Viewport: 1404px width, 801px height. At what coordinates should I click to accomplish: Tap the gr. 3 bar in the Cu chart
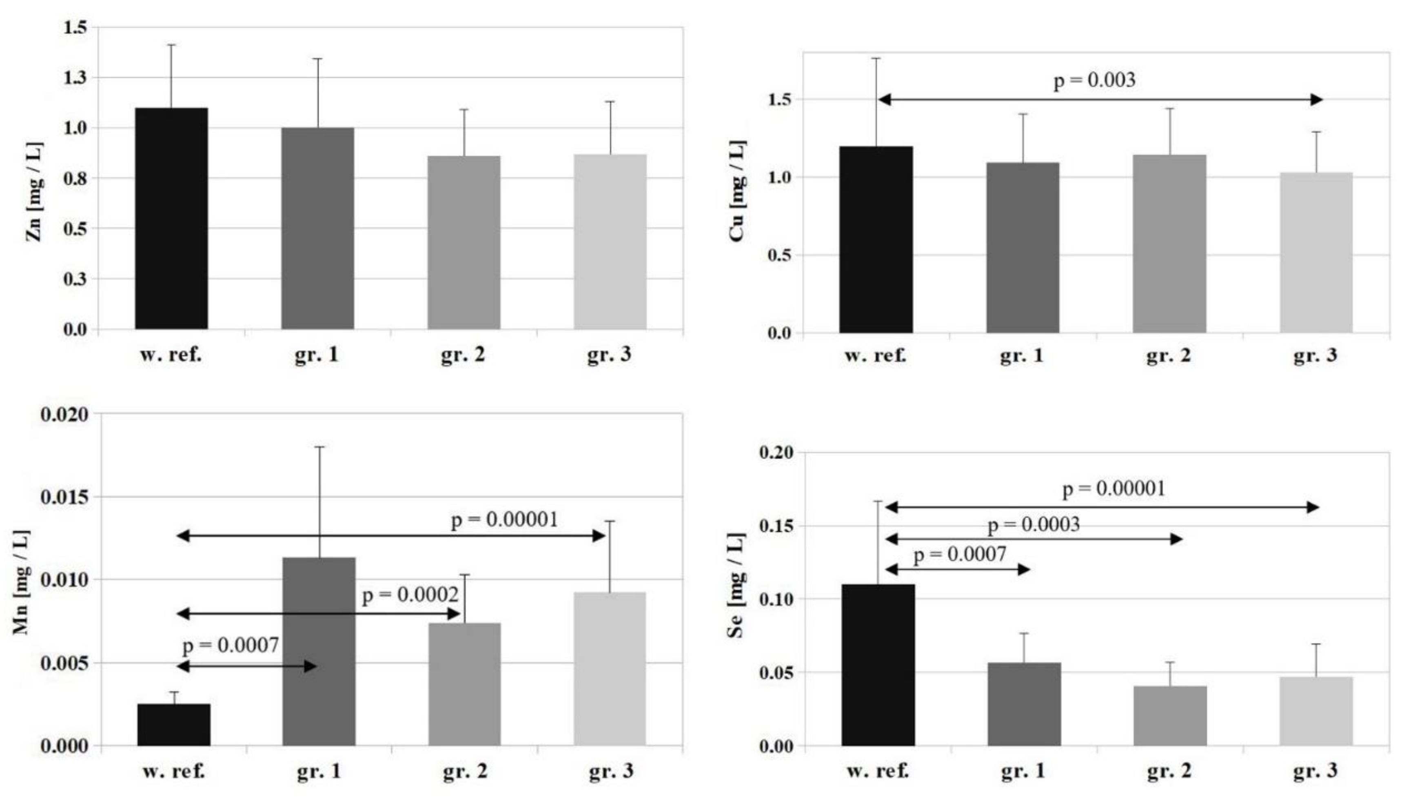pos(1315,253)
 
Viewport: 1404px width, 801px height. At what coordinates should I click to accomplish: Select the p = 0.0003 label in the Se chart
pos(1034,525)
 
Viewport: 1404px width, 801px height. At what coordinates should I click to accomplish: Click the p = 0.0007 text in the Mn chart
pos(231,645)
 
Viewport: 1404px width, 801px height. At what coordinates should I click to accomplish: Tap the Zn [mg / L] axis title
pos(34,192)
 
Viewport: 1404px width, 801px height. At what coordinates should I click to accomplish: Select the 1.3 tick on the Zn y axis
pos(75,78)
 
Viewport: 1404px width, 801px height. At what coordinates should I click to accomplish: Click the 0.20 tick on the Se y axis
pos(776,453)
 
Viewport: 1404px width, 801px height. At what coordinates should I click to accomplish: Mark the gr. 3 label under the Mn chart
pos(610,771)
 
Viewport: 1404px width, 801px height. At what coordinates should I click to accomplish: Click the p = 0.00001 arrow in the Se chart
pos(1102,507)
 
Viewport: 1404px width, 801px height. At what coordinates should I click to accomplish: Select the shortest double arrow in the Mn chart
pos(246,666)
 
